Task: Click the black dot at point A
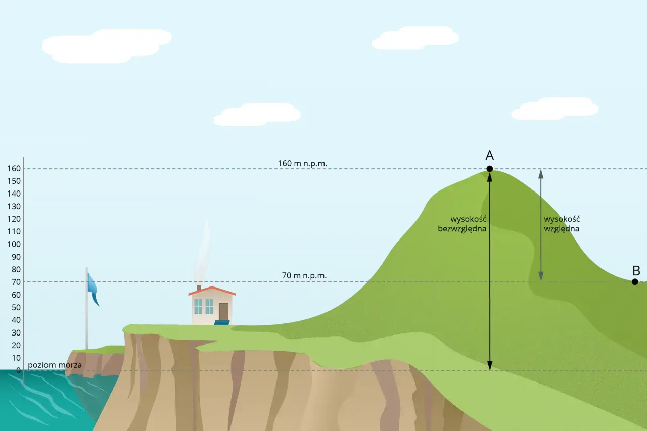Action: pyautogui.click(x=490, y=169)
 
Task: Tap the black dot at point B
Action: pyautogui.click(x=635, y=282)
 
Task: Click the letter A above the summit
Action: pyautogui.click(x=490, y=155)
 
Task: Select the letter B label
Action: pyautogui.click(x=636, y=270)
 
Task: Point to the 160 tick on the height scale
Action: pyautogui.click(x=14, y=169)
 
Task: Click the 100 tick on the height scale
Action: pyautogui.click(x=14, y=244)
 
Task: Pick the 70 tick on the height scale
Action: pyautogui.click(x=16, y=282)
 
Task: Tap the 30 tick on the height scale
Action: pyautogui.click(x=16, y=332)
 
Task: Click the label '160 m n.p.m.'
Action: pyautogui.click(x=302, y=163)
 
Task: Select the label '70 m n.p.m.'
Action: pyautogui.click(x=304, y=276)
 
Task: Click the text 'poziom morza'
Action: pyautogui.click(x=55, y=365)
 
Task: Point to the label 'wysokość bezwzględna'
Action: pyautogui.click(x=462, y=224)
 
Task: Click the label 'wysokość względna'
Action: pyautogui.click(x=562, y=224)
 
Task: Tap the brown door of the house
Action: pyautogui.click(x=223, y=311)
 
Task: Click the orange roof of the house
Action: pyautogui.click(x=212, y=291)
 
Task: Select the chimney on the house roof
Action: pyautogui.click(x=199, y=288)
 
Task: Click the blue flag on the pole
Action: pyautogui.click(x=93, y=289)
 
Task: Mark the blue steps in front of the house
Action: pyautogui.click(x=222, y=322)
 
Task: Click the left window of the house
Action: pyautogui.click(x=198, y=306)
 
